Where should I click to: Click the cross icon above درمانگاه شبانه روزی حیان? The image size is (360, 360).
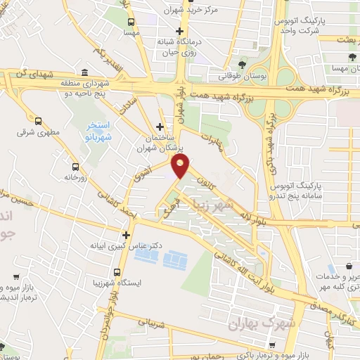[180, 31]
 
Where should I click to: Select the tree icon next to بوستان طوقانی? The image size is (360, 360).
[243, 63]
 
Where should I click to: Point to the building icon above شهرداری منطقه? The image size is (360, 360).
[84, 72]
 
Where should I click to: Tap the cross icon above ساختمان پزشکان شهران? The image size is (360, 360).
[160, 127]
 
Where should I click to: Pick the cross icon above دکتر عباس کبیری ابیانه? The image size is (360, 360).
[126, 235]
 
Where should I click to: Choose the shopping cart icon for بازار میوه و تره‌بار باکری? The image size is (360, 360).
[272, 345]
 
